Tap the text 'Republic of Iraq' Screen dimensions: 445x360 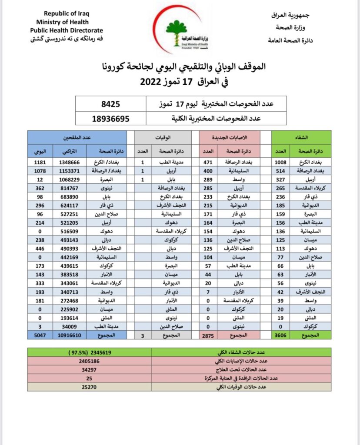pyautogui.click(x=67, y=14)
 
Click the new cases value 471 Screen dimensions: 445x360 pyautogui.click(x=208, y=163)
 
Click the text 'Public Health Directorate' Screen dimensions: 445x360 pyautogui.click(x=67, y=30)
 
